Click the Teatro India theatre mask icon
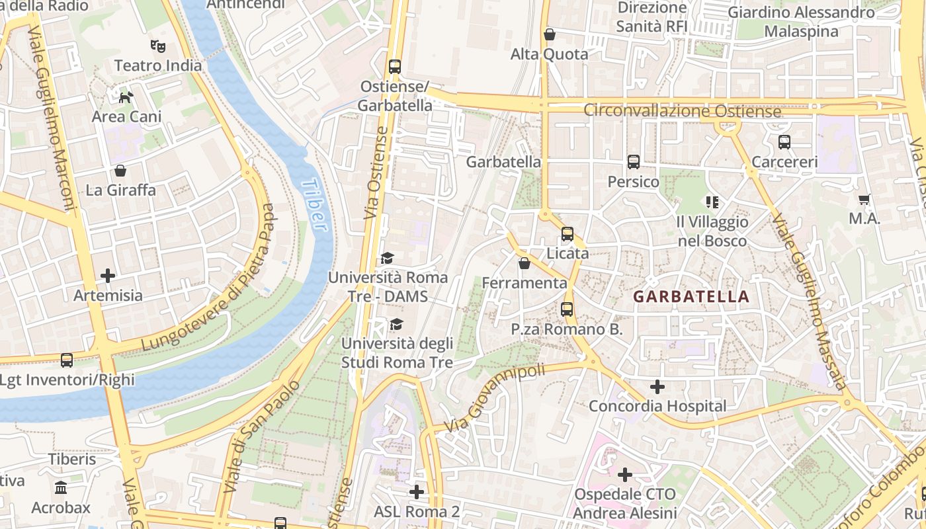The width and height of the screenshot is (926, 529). [157, 46]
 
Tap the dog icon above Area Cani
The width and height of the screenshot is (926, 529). [126, 98]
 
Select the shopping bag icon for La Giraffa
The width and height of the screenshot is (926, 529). [120, 171]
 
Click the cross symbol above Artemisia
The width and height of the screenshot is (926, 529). [108, 275]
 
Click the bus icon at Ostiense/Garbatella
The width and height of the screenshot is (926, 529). [395, 67]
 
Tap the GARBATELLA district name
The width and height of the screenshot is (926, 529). [691, 297]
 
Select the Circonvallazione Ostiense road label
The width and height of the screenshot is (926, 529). [682, 110]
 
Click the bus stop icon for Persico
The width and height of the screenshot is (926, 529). [633, 162]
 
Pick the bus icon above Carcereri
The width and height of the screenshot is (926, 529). [784, 142]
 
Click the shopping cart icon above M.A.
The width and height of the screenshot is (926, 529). [864, 199]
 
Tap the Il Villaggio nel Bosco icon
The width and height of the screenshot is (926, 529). [712, 202]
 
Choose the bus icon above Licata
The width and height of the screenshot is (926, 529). [567, 233]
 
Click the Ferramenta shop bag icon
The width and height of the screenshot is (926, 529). [525, 263]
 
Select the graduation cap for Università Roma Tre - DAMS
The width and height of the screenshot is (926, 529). [387, 258]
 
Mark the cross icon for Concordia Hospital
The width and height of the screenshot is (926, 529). [657, 386]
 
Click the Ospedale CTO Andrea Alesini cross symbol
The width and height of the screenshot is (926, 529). [625, 474]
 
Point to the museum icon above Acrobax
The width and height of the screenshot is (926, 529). [61, 488]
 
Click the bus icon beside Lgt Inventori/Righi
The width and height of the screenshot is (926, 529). [67, 360]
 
